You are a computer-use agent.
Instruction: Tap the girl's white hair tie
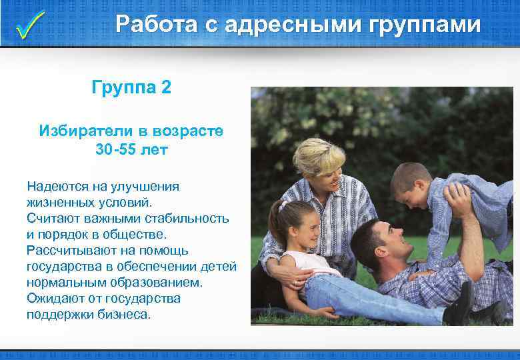tap(283, 205)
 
